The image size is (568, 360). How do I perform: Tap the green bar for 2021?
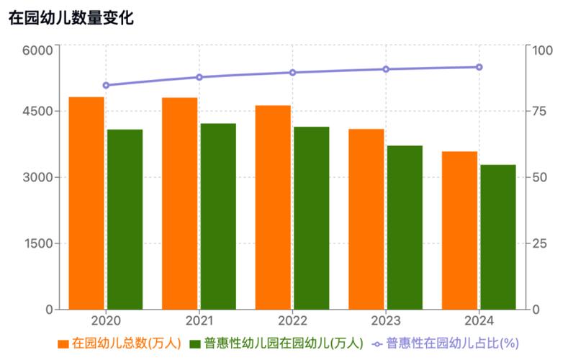point(218,216)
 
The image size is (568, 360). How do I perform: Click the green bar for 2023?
point(405,228)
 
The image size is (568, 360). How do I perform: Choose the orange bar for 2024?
point(459,230)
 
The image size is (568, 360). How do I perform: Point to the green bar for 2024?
point(498,237)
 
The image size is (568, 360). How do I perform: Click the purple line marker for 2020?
point(106,85)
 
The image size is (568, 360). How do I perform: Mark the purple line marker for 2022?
point(292,72)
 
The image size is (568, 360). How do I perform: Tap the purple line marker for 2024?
point(479,67)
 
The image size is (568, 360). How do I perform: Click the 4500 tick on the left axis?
point(39,112)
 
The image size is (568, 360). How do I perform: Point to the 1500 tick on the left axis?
point(39,243)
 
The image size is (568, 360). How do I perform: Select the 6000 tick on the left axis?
point(39,50)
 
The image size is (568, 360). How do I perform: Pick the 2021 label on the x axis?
point(199,320)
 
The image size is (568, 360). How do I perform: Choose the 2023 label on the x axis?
point(385,320)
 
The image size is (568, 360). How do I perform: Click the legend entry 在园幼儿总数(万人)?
point(120,343)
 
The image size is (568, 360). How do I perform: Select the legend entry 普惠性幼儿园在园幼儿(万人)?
point(276,343)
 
